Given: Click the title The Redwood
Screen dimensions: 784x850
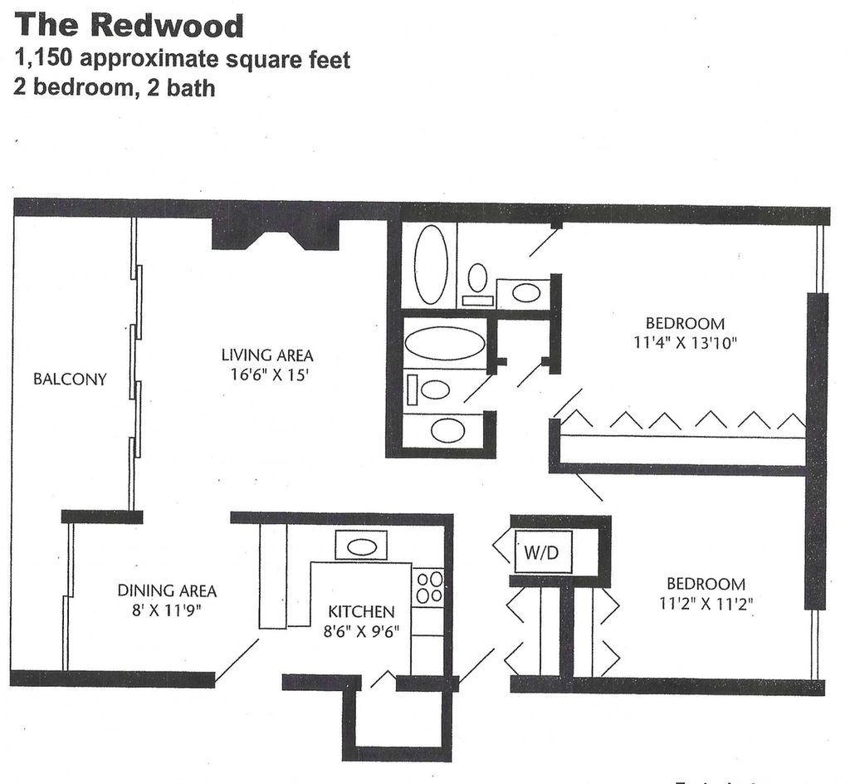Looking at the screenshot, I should tap(129, 25).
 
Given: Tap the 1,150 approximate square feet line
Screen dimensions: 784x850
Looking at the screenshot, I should tap(182, 60).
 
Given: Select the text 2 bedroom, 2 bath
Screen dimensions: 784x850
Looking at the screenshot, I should tap(115, 87).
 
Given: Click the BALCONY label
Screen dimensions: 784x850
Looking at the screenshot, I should tap(70, 380).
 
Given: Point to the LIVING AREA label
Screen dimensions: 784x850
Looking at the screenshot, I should tap(267, 355).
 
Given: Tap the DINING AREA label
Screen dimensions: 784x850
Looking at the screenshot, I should tap(167, 591).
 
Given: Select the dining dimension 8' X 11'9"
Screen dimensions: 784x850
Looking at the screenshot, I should tap(167, 612).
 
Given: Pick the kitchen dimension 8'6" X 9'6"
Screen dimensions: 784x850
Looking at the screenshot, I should tap(361, 631).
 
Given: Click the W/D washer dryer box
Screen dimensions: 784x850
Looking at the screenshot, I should tap(543, 551).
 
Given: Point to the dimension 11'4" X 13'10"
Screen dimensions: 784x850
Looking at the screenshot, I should tap(685, 342).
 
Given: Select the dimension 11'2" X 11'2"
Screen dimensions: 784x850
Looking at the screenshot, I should tap(702, 604).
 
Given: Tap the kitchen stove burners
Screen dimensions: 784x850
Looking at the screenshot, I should tap(429, 586).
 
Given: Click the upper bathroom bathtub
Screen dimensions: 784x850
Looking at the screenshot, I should tap(430, 264).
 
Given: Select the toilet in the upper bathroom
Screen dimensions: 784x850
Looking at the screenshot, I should tap(477, 279).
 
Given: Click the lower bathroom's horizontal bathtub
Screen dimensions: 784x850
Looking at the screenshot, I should tap(445, 342).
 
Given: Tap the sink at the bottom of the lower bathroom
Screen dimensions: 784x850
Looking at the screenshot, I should tap(447, 430).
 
